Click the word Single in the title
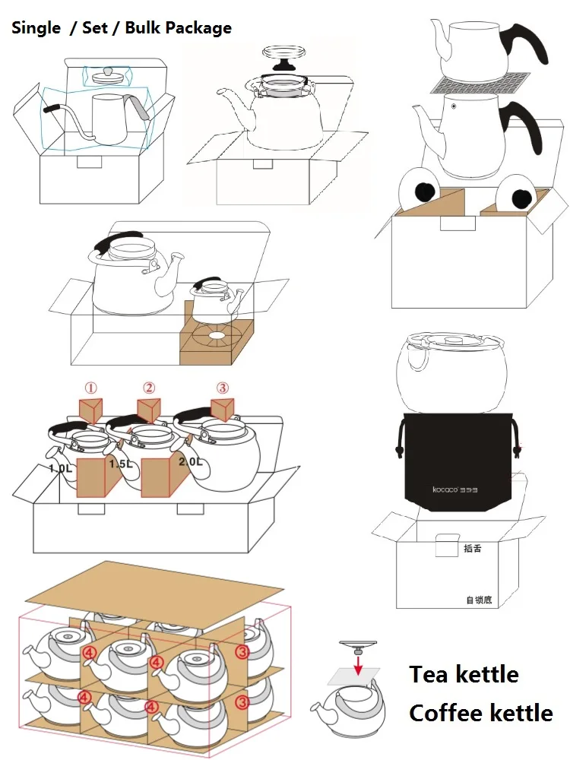click(x=36, y=28)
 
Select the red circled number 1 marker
click(x=90, y=388)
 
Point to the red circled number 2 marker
click(x=149, y=388)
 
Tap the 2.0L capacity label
click(x=189, y=461)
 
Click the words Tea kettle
click(x=464, y=674)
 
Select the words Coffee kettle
click(x=480, y=713)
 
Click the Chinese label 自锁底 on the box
click(x=479, y=600)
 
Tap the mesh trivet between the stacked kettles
click(x=479, y=84)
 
